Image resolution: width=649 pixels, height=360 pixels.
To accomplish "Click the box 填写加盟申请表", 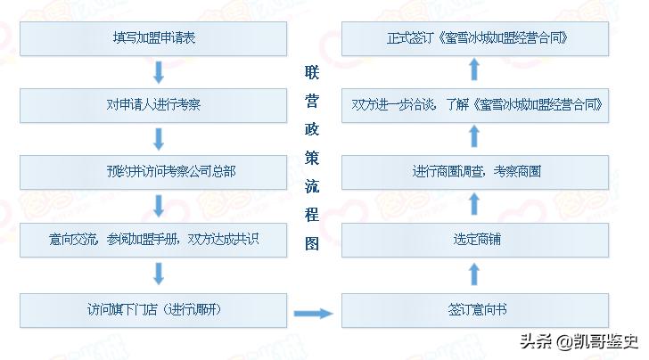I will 154,38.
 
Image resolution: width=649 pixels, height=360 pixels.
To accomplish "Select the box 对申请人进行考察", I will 154,105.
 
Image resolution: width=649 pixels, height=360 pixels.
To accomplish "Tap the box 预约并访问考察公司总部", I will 154,172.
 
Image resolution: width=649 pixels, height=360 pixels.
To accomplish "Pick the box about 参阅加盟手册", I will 154,239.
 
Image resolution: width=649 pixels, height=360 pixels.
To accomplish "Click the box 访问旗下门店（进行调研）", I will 154,309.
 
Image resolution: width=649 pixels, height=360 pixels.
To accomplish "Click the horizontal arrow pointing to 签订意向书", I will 312,313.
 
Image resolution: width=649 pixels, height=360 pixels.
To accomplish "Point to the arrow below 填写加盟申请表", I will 160,72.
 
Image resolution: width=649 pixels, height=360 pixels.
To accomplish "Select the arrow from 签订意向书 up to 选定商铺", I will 474,274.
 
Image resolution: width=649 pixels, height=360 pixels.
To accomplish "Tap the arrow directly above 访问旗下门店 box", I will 160,273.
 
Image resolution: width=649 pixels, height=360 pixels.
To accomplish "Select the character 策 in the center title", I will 312,158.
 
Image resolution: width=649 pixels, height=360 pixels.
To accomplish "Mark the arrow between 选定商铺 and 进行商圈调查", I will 474,206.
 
